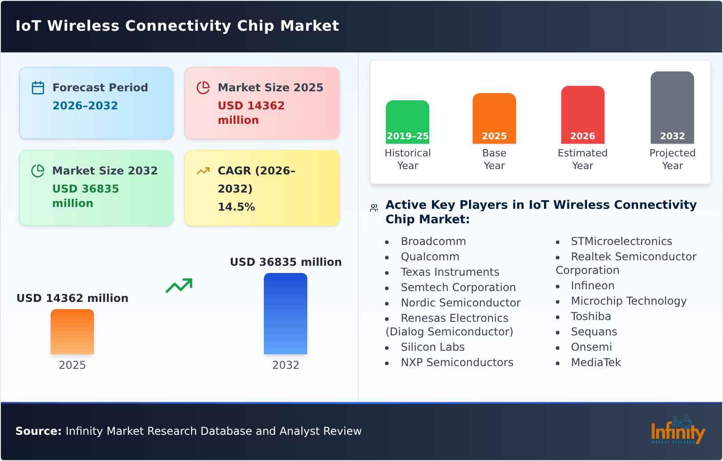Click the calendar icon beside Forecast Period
pyautogui.click(x=38, y=88)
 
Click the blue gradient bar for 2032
pyautogui.click(x=286, y=314)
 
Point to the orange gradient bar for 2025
pyautogui.click(x=72, y=332)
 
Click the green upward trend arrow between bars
pyautogui.click(x=179, y=286)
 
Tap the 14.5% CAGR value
pyautogui.click(x=236, y=207)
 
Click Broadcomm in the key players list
pyautogui.click(x=433, y=241)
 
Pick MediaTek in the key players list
pyautogui.click(x=596, y=362)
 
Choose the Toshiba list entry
pyautogui.click(x=591, y=316)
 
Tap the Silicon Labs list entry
pyautogui.click(x=432, y=347)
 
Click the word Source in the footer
pyautogui.click(x=38, y=431)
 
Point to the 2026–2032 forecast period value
pyautogui.click(x=85, y=106)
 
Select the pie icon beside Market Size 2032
pyautogui.click(x=38, y=171)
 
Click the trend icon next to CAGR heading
pyautogui.click(x=203, y=171)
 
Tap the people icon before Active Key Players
pyautogui.click(x=374, y=208)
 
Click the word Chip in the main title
pyautogui.click(x=255, y=26)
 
